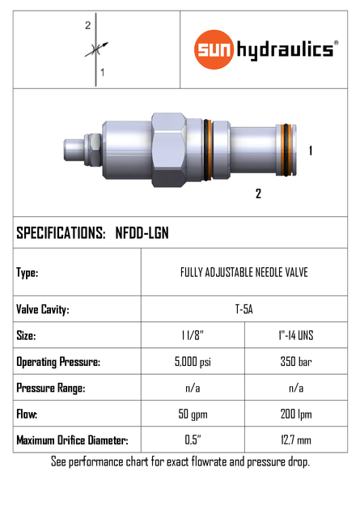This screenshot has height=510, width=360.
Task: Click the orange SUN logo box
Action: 214,50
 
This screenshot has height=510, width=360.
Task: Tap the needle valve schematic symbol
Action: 95,49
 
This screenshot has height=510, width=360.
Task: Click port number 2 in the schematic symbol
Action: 87,26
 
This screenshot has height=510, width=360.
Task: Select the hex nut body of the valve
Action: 170,149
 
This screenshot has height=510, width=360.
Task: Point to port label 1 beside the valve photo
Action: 311,151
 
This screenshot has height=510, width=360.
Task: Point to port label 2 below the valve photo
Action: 258,193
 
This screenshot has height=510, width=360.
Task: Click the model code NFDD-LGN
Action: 142,233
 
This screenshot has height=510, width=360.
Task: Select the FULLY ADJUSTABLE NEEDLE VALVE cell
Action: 244,273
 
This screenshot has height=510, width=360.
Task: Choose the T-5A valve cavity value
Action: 244,309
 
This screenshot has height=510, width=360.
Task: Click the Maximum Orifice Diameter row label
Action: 72,441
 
